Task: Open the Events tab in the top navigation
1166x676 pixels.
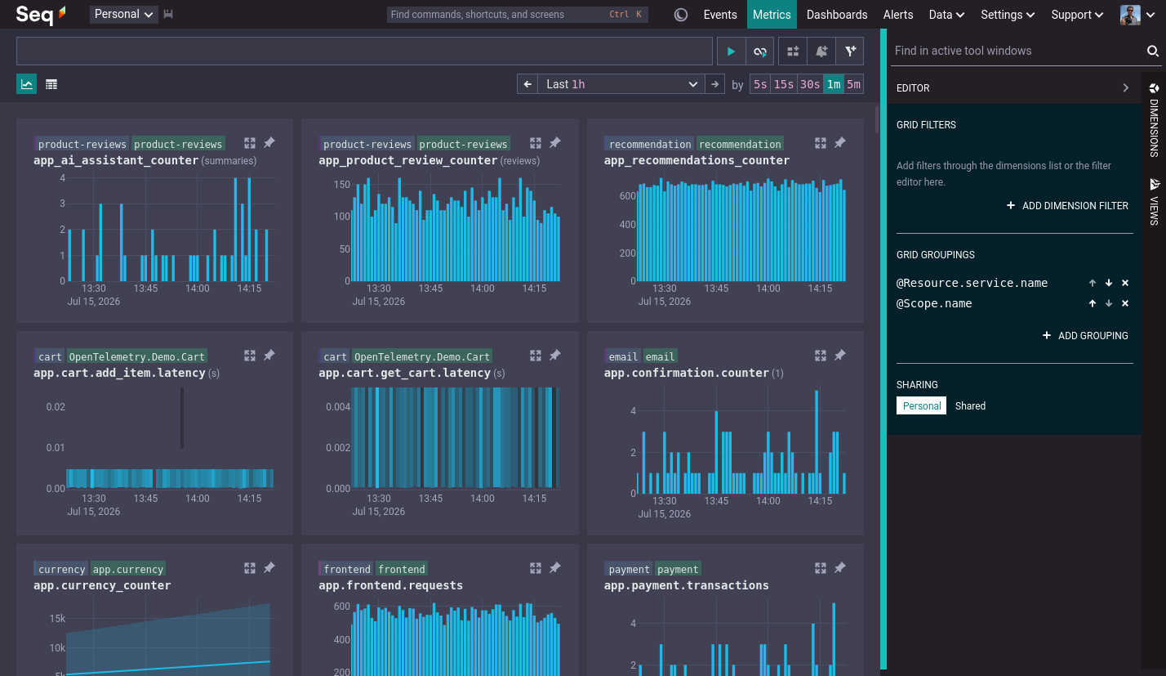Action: (x=720, y=15)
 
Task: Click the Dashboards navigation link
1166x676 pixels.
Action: (x=836, y=15)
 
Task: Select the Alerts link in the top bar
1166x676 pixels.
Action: (x=898, y=15)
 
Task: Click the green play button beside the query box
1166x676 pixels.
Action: (x=731, y=51)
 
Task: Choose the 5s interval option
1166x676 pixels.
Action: (x=760, y=84)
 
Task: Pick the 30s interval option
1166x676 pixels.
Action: (x=809, y=84)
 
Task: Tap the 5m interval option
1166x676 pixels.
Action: (x=854, y=84)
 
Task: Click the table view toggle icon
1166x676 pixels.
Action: (x=51, y=84)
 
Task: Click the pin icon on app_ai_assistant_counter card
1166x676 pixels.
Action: (x=269, y=143)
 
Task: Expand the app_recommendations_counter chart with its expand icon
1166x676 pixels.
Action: (x=821, y=143)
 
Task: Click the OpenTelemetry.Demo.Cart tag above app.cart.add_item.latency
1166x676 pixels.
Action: (x=137, y=356)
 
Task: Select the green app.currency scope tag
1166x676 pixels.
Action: (x=128, y=569)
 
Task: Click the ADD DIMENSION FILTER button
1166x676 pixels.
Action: (x=1068, y=206)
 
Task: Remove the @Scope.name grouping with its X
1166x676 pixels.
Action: (x=1125, y=303)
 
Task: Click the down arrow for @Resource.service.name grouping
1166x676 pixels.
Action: (x=1109, y=283)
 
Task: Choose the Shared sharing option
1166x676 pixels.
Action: (x=970, y=406)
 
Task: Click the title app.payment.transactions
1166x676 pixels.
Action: (x=686, y=585)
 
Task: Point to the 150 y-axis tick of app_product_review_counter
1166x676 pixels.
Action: (x=342, y=185)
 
